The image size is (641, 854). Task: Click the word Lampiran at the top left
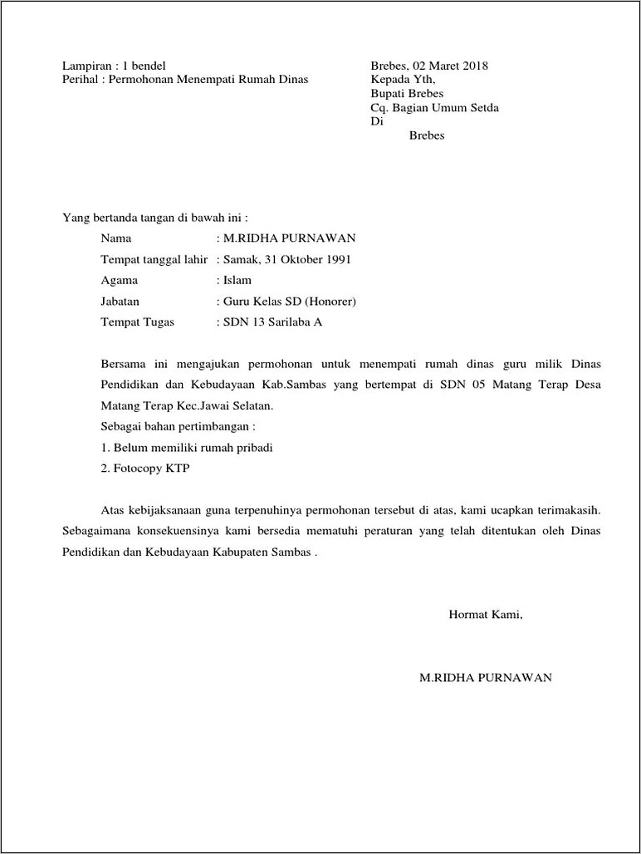tap(86, 66)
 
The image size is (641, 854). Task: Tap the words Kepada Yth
tap(403, 80)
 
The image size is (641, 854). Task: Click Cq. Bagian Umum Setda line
tap(434, 108)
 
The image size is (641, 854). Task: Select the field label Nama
tap(116, 238)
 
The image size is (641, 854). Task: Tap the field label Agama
tap(120, 280)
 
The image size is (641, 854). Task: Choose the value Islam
tap(237, 280)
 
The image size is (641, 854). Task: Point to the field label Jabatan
tap(120, 301)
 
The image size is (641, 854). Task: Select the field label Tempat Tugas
tap(138, 321)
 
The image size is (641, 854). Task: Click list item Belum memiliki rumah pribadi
tap(193, 447)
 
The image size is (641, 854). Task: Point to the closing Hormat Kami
tap(486, 615)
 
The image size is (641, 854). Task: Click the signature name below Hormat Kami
tap(486, 677)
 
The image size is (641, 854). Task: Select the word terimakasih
tap(565, 508)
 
